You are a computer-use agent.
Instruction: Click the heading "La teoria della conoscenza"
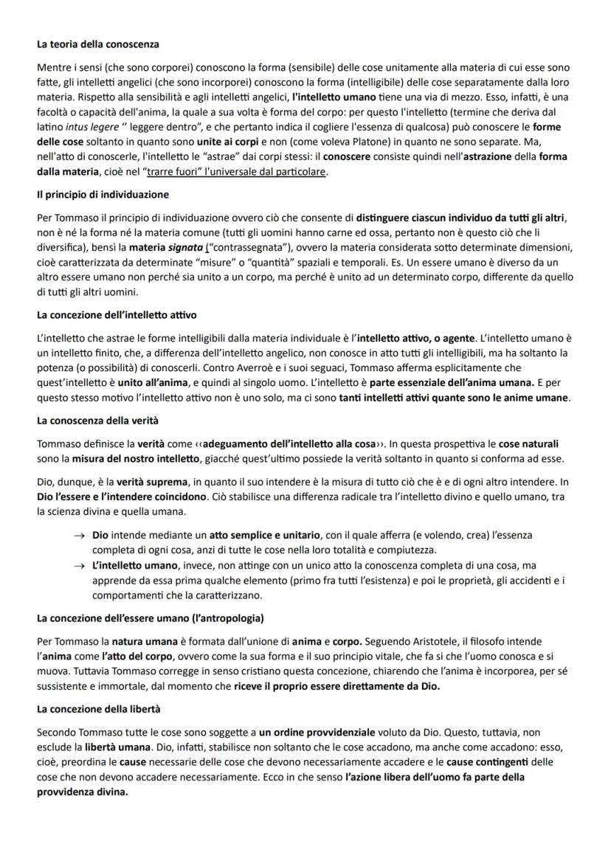click(x=98, y=45)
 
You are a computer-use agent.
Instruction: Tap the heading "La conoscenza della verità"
click(x=97, y=421)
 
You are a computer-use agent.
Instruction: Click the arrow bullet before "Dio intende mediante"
click(x=79, y=534)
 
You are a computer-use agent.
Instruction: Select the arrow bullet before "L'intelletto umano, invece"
click(x=79, y=564)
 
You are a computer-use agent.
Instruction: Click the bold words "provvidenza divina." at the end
click(x=83, y=792)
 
